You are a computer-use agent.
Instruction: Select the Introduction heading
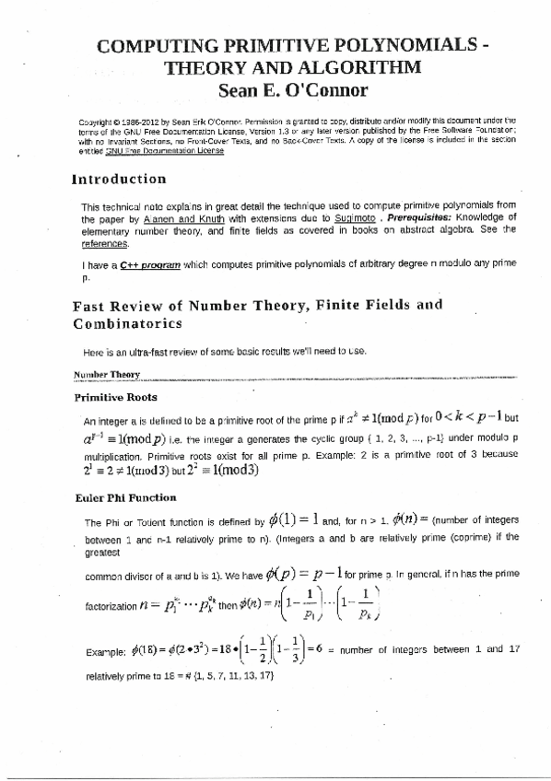(119, 179)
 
